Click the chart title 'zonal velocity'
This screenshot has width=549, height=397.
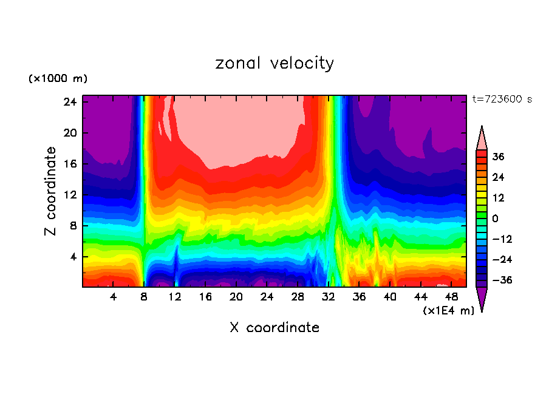click(274, 63)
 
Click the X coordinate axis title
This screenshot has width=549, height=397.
click(274, 328)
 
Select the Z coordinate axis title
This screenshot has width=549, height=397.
click(51, 191)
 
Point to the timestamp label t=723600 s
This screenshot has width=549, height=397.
click(502, 100)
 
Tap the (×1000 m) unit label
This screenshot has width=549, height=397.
click(58, 79)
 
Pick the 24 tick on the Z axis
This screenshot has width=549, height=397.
click(69, 102)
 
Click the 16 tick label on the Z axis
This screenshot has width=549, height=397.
click(69, 164)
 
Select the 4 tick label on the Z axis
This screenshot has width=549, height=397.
click(72, 257)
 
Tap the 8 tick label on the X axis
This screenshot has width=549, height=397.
click(144, 297)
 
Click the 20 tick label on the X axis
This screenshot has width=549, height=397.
click(236, 297)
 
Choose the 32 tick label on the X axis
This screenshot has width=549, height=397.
click(329, 297)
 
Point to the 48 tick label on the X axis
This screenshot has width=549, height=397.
click(452, 297)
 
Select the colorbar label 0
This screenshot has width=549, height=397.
click(496, 219)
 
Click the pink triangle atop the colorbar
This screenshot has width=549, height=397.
click(482, 138)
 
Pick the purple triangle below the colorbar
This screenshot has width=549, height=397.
click(482, 299)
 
